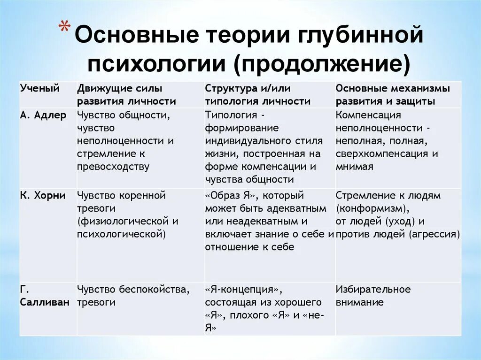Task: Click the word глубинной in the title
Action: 357,37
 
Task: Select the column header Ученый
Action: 39,88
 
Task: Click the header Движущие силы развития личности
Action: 127,95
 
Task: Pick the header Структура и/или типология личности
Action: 258,95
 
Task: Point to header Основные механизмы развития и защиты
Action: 393,95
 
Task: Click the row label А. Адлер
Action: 43,115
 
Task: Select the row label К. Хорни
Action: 43,196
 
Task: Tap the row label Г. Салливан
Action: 44,296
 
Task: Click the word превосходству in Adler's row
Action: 113,166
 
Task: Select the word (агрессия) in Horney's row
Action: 434,234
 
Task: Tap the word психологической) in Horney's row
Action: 121,234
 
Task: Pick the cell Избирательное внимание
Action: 373,296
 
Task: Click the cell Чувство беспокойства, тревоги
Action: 133,296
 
